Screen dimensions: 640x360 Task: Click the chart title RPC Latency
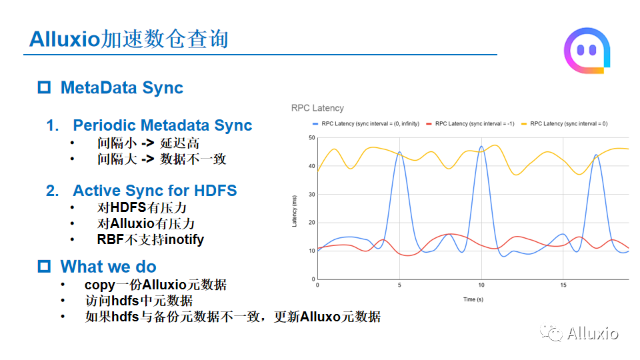(x=317, y=108)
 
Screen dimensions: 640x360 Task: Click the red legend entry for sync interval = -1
(x=470, y=124)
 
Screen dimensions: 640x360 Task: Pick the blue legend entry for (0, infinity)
(x=366, y=124)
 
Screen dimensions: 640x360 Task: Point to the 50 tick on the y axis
(x=312, y=137)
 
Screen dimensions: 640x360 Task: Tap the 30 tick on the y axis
(x=312, y=194)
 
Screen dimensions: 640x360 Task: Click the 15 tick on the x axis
(x=563, y=285)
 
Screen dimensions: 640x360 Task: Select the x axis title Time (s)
(x=473, y=299)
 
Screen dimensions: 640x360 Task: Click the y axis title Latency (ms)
(x=294, y=211)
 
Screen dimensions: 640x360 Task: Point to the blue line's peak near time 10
(x=481, y=146)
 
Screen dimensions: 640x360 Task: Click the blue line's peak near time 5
(x=399, y=152)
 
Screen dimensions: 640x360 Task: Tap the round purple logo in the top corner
(x=587, y=51)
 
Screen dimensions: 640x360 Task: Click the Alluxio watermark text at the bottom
(x=593, y=333)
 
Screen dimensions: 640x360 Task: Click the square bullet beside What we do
(x=44, y=266)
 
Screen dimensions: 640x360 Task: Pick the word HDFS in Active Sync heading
(x=215, y=191)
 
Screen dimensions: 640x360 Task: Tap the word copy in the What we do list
(x=100, y=285)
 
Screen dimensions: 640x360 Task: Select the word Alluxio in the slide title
(x=65, y=39)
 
